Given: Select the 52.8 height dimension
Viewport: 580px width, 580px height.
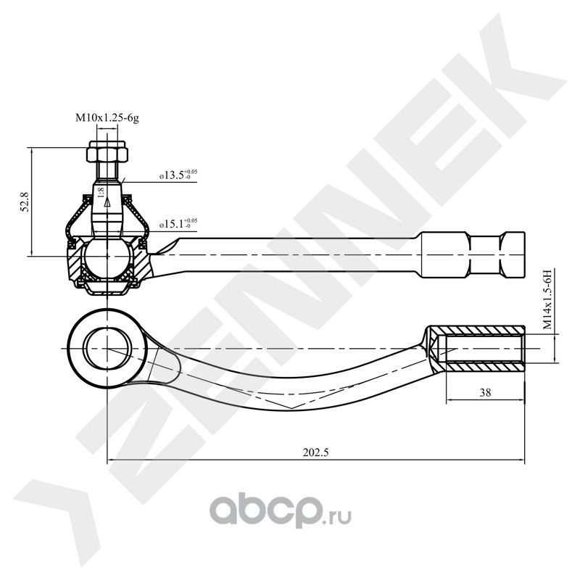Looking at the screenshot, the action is pos(25,202).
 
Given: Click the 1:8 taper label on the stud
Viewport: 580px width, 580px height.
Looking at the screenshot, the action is pos(101,193).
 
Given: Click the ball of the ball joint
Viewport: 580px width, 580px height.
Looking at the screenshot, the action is pos(107,257).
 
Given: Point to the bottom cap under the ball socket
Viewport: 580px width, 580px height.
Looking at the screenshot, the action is pos(107,289).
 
